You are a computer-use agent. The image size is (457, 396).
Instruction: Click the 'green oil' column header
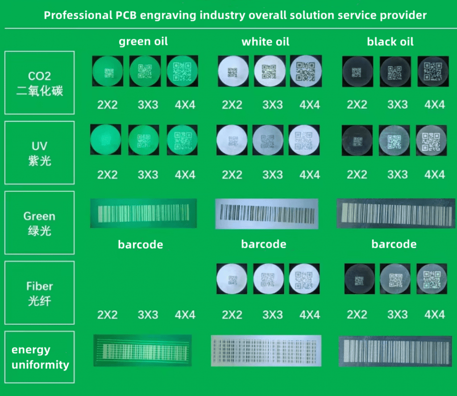point(143,42)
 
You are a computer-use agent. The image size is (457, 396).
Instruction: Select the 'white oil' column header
point(266,42)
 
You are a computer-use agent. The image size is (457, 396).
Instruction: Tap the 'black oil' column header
point(390,42)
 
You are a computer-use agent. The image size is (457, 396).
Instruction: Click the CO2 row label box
point(40,83)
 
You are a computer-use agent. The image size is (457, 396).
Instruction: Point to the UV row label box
point(40,153)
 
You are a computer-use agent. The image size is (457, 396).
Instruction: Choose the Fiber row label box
point(40,293)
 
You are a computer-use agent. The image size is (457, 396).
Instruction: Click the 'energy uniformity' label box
point(40,357)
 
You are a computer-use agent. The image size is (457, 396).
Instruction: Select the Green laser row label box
point(40,223)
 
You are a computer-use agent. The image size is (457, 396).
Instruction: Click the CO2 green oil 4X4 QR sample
point(183,71)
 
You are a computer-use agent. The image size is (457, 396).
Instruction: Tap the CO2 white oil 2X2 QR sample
point(233,71)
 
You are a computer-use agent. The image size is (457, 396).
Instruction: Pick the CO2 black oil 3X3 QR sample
point(395,72)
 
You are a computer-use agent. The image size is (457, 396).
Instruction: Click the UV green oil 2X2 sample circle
point(105,140)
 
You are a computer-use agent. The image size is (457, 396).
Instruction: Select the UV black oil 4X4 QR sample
point(432,141)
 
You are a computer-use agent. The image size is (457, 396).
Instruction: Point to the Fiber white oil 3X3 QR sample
point(268,279)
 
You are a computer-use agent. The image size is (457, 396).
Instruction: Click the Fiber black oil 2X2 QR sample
point(360,279)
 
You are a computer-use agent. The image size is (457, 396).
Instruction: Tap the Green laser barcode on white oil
point(267,214)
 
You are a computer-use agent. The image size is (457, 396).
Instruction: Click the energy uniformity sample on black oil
point(395,351)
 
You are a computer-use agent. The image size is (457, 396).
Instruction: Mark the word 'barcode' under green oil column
point(141,245)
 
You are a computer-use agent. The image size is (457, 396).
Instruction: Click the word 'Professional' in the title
point(78,15)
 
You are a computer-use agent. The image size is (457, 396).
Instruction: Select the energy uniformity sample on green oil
point(143,350)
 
